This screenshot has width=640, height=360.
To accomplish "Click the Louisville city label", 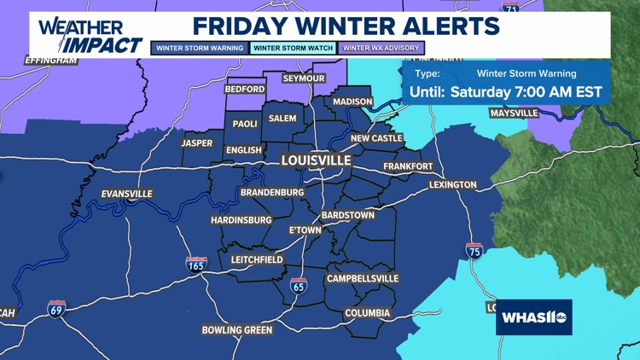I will (317, 160).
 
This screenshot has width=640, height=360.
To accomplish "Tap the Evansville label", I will (126, 194).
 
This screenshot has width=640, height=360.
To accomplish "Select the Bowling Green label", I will (237, 330).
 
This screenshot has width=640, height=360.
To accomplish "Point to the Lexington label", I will (452, 184).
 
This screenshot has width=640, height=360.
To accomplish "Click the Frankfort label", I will (408, 166).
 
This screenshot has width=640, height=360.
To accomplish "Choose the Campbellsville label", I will (363, 279).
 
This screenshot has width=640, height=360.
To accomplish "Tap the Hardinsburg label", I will (241, 220).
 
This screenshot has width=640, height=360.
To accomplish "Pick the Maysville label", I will (514, 113).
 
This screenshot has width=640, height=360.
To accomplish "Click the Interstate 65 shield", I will (298, 286).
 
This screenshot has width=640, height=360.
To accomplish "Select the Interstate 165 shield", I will (196, 264).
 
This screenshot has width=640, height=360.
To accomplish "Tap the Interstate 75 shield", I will (474, 250).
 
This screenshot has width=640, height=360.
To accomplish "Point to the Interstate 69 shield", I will (57, 309).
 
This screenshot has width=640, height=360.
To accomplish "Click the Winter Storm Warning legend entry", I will (200, 49).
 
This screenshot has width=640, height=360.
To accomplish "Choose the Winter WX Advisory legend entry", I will (381, 49).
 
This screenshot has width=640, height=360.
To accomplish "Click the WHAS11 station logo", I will (533, 317).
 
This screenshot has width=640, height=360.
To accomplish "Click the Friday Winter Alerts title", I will (346, 26).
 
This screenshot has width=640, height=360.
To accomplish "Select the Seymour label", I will (304, 78).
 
